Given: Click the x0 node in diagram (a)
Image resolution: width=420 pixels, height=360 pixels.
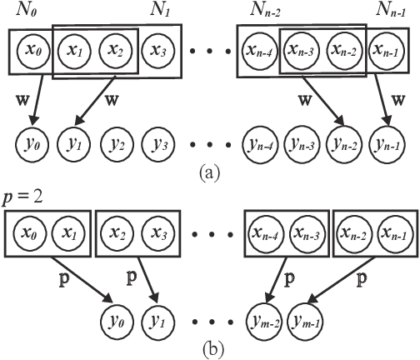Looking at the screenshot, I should [x=32, y=50].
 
